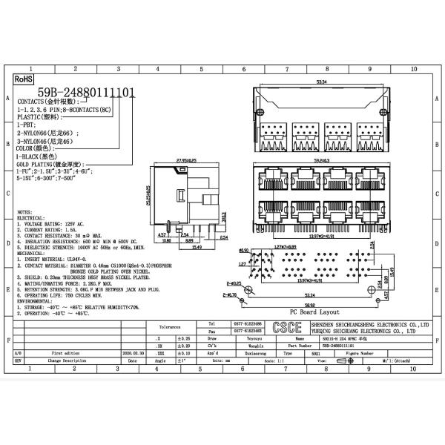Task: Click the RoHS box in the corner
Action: click(24, 76)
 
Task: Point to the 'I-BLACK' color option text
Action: click(34, 156)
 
